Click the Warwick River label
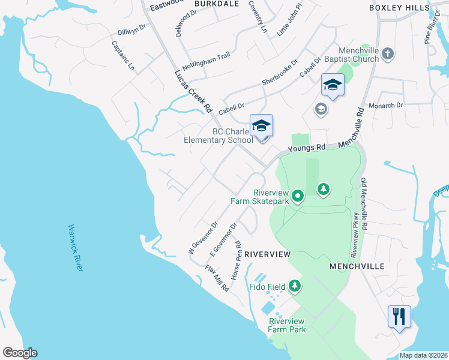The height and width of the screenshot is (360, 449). (x=75, y=248)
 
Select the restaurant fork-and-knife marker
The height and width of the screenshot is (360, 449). (x=399, y=316)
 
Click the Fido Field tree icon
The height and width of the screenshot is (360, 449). (x=295, y=286)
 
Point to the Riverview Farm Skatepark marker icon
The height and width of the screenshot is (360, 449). (x=297, y=196)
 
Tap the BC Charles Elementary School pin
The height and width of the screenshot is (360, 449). (x=262, y=127)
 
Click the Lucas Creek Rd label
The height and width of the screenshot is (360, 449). (x=193, y=91)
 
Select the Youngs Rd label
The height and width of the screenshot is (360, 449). (x=306, y=147)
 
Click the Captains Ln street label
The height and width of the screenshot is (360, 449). (x=123, y=56)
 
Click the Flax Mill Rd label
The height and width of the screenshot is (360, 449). (x=217, y=278)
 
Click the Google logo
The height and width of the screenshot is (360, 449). (x=20, y=353)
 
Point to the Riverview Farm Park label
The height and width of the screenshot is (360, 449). (x=288, y=325)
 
